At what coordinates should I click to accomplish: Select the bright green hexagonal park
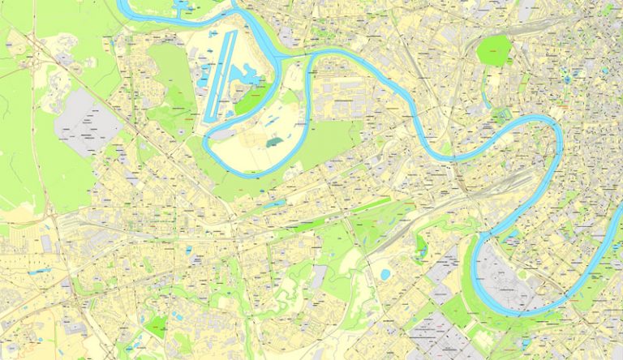493,50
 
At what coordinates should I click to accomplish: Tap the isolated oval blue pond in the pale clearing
384,274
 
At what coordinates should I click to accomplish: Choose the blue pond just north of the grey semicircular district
513,236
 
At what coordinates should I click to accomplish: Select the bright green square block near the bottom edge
156,327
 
